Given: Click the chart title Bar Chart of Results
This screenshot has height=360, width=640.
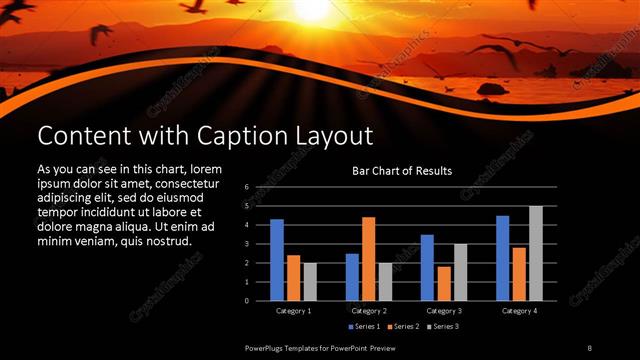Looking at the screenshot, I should click(402, 171).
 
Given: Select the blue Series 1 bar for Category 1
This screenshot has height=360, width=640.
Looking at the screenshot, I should click(277, 260).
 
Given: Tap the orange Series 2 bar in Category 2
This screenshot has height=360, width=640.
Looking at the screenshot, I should click(368, 259).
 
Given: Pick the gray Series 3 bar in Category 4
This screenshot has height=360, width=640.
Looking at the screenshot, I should click(535, 253).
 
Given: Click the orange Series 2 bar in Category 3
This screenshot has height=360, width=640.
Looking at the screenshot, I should click(443, 283).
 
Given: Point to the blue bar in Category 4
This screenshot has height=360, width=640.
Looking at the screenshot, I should click(502, 258).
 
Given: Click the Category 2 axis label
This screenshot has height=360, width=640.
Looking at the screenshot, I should click(368, 311).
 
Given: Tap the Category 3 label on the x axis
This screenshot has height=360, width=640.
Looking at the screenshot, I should click(443, 311).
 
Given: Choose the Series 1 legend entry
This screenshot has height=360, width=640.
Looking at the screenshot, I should click(365, 327).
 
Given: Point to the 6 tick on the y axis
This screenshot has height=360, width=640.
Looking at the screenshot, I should click(246, 187).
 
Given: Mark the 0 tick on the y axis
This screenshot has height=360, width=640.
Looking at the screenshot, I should click(246, 301).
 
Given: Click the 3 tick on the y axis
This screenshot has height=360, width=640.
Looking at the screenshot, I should click(246, 244).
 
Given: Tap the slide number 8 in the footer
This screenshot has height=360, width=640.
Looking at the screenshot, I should click(589, 346).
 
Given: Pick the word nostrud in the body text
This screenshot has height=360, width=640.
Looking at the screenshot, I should click(163, 241).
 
